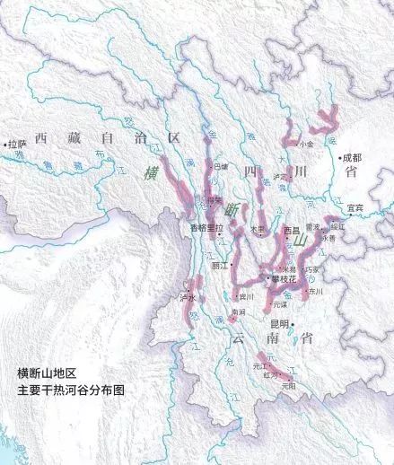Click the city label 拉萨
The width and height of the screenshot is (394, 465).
click(17, 144)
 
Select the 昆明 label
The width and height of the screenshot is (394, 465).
click(279, 324)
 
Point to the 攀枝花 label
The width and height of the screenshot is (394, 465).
click(284, 278)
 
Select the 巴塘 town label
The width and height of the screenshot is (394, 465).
click(221, 166)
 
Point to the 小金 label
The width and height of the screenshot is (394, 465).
click(307, 143)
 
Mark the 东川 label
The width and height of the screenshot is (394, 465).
click(314, 292)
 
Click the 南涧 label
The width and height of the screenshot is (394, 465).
click(238, 311)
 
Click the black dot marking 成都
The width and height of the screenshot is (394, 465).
click(340, 159)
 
